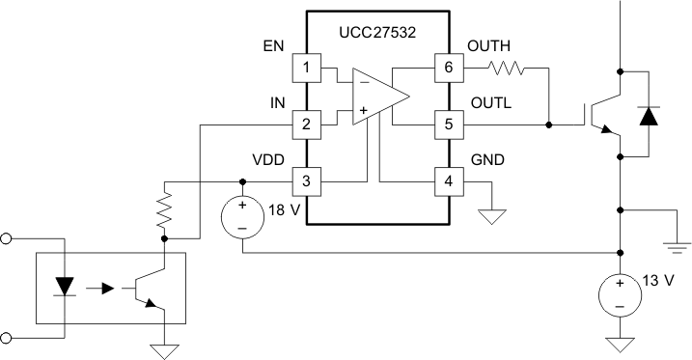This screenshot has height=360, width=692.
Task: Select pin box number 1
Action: coord(306,68)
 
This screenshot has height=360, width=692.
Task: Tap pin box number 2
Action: coord(306,125)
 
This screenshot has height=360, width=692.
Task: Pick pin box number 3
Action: coord(306,180)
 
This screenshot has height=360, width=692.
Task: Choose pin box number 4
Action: coord(447,180)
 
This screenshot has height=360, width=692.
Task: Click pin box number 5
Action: coord(447,125)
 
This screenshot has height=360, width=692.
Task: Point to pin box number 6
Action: coord(447,68)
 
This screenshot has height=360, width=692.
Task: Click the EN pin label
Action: coord(273,46)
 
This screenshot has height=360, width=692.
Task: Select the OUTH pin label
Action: coord(488,46)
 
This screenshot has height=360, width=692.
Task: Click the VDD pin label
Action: coord(269,159)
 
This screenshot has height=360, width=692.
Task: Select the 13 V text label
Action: coord(657,283)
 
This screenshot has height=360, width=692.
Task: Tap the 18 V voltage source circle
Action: coord(242,216)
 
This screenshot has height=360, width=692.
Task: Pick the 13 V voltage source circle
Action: coord(618,293)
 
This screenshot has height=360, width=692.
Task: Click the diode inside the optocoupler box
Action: coord(66,286)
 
